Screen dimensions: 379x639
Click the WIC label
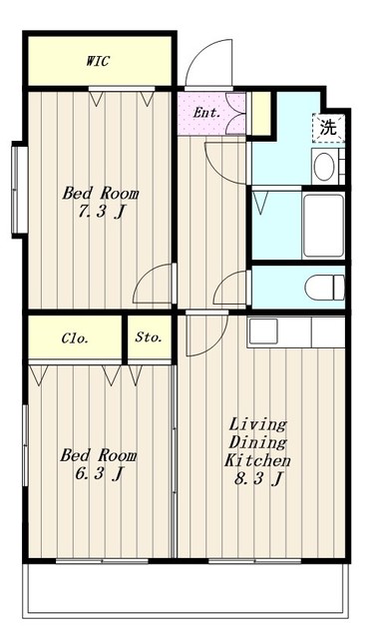pyautogui.click(x=98, y=61)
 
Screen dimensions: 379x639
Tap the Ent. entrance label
pyautogui.click(x=206, y=113)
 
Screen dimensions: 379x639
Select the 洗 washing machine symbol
pyautogui.click(x=328, y=128)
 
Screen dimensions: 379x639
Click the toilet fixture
pyautogui.click(x=325, y=287)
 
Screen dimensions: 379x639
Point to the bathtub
pyautogui.click(x=323, y=226)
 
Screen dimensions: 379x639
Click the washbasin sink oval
pyautogui.click(x=324, y=166)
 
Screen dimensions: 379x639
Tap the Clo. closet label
pyautogui.click(x=75, y=338)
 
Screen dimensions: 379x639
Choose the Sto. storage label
pyautogui.click(x=149, y=337)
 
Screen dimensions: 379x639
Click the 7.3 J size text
pyautogui.click(x=102, y=212)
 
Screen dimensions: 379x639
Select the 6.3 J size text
pyautogui.click(x=99, y=474)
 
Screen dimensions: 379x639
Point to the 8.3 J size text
pyautogui.click(x=258, y=479)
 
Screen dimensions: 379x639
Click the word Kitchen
pyautogui.click(x=257, y=460)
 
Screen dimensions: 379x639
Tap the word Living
pyautogui.click(x=257, y=424)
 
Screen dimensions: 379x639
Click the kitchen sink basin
pyautogui.click(x=263, y=330)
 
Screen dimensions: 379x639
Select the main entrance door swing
pyautogui.click(x=208, y=63)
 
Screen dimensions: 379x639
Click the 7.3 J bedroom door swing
pyautogui.click(x=153, y=284)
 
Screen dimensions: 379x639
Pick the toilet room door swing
pyautogui.click(x=230, y=288)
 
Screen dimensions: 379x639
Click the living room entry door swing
pyautogui.click(x=206, y=333)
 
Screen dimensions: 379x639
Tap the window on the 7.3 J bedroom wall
pyautogui.click(x=19, y=190)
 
